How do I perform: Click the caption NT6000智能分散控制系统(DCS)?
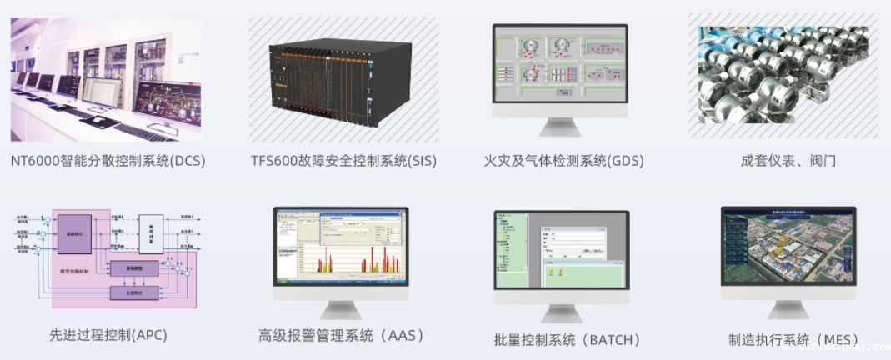pyautogui.click(x=108, y=160)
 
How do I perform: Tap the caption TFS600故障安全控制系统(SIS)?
pyautogui.click(x=343, y=160)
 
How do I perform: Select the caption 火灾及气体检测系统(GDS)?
pyautogui.click(x=563, y=160)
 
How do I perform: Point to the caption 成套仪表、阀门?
pyautogui.click(x=788, y=160)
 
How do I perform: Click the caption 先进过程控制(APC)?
pyautogui.click(x=108, y=335)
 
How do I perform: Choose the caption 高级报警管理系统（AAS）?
pyautogui.click(x=343, y=336)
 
